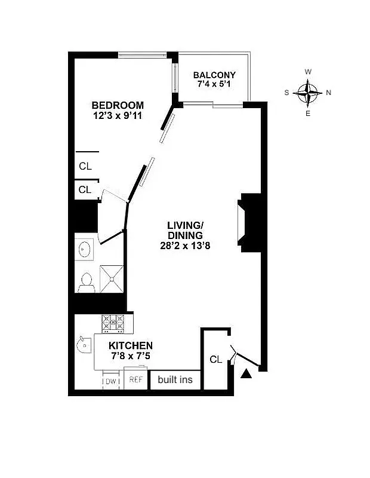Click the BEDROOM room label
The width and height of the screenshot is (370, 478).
click(x=118, y=105)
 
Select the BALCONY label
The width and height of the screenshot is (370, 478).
click(x=214, y=75)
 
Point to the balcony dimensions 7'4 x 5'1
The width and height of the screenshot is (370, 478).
click(x=214, y=85)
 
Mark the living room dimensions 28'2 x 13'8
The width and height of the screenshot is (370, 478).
click(x=185, y=246)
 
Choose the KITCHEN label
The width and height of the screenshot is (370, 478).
click(x=131, y=345)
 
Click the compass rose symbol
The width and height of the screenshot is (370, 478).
click(x=308, y=93)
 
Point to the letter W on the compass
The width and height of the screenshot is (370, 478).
click(x=308, y=72)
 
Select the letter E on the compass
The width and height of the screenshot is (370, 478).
click(x=308, y=114)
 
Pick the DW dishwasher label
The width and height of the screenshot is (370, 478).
click(x=111, y=381)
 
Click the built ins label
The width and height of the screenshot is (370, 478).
click(x=175, y=379)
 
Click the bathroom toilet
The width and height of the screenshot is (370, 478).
click(x=87, y=281)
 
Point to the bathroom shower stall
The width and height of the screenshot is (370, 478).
click(x=112, y=278)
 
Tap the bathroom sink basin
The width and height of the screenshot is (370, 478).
click(x=84, y=249)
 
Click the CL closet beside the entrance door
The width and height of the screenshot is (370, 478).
click(x=216, y=359)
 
